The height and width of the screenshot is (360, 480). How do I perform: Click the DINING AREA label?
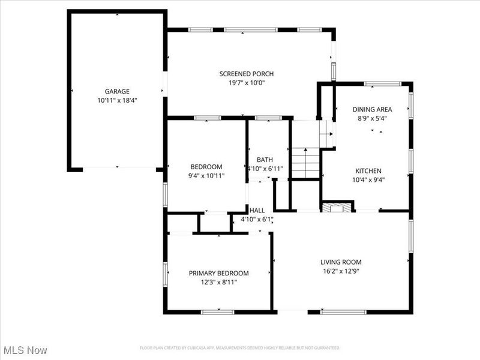click(372, 109)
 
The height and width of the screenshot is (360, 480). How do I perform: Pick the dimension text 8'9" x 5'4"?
click(372, 118)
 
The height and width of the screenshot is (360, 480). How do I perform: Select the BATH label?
click(265, 160)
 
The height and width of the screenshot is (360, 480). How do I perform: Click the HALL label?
click(257, 211)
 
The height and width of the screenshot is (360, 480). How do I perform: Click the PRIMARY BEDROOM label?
click(218, 273)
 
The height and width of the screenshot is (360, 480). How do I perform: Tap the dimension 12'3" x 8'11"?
click(218, 281)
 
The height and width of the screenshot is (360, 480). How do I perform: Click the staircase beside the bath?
click(306, 162)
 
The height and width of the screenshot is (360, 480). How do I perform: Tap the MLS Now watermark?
click(25, 350)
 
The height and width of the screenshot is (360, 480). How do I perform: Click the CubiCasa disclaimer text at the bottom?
click(240, 347)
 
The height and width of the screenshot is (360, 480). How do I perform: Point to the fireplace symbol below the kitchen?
click(335, 207)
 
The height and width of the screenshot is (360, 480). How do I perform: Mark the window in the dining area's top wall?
click(378, 83)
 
